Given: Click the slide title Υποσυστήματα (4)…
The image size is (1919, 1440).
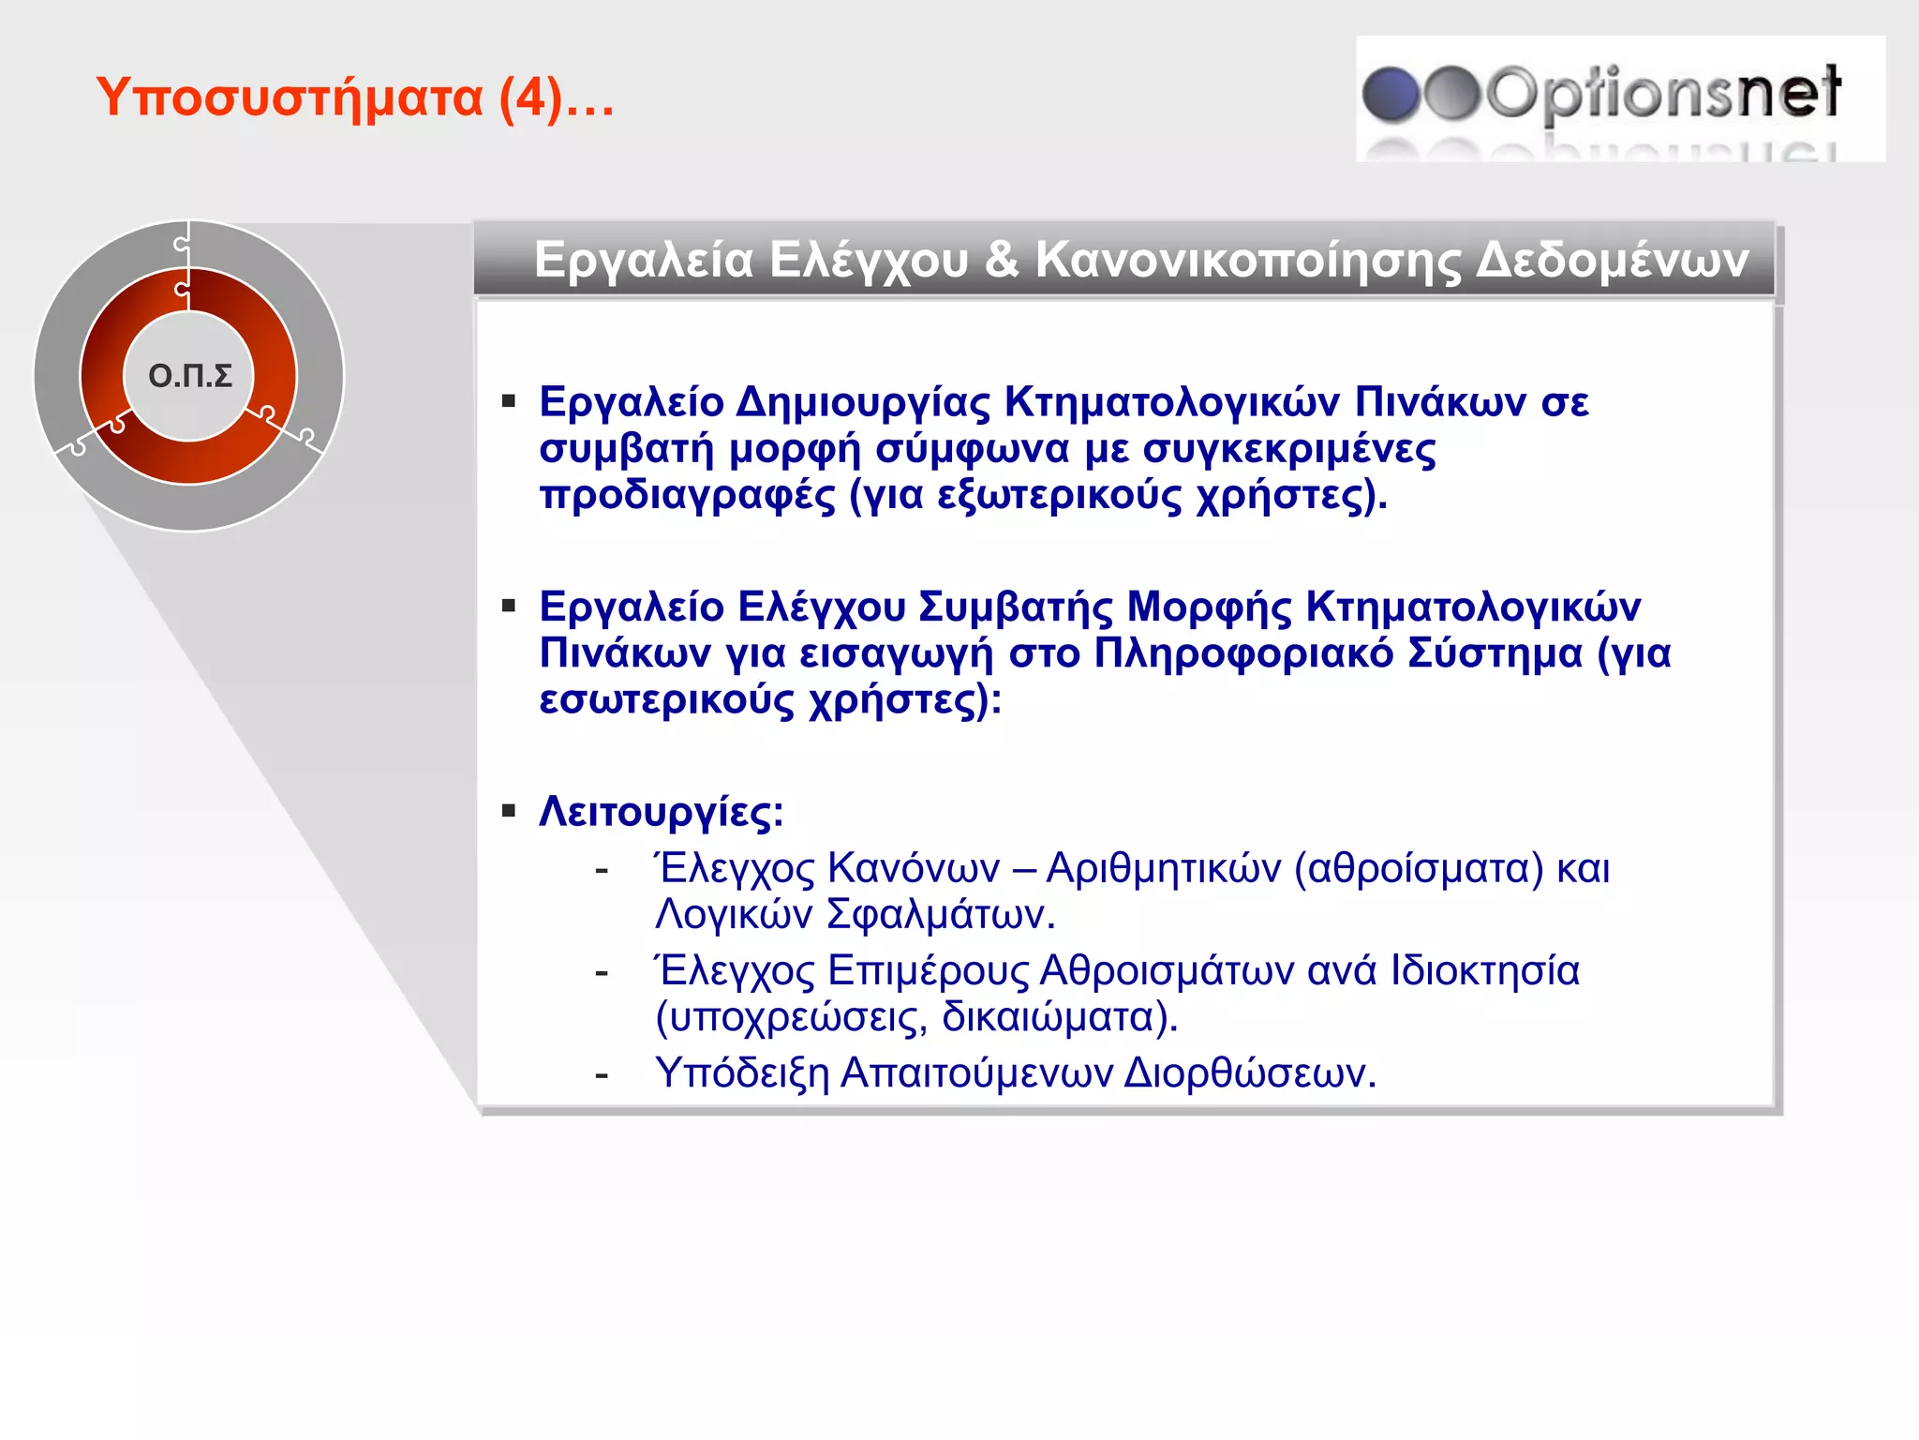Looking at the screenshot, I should pos(355,97).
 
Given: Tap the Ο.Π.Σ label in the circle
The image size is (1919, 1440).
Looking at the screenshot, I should pos(190,376).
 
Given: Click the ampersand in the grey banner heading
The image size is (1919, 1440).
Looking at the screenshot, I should pos(1002,259).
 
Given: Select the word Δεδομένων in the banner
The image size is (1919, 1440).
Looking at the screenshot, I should pos(1612,260).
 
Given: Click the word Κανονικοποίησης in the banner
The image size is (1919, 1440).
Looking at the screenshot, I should pos(1247,260).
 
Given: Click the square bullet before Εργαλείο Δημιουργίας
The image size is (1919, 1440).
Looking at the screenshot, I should pos(509,402).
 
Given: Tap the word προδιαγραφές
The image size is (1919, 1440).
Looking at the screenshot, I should pos(687,495).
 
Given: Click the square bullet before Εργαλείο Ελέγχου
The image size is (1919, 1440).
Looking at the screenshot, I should pos(509,607).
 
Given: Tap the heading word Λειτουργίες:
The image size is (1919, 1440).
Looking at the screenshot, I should pos(662,812).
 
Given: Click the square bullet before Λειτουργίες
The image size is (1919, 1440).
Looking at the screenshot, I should pos(509,811).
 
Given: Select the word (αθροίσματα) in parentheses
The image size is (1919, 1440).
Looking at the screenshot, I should pos(1418,868).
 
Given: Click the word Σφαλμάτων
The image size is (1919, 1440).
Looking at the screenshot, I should pos(941,914).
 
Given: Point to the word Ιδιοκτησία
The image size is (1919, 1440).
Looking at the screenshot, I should pos(1484,970).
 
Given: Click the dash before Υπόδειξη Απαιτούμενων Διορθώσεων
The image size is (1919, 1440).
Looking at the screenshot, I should pos(602,1074).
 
